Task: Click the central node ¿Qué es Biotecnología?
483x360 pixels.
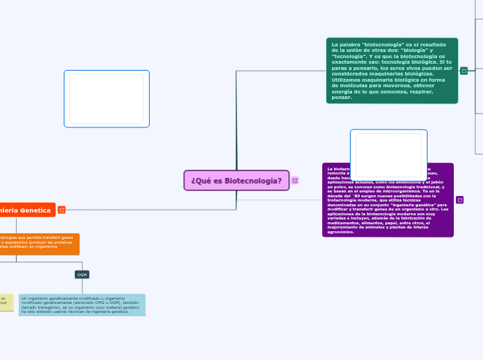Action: click(236, 180)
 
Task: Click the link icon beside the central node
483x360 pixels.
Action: click(295, 181)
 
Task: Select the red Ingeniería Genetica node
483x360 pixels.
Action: click(26, 210)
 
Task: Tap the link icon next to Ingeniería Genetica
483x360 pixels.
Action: click(62, 210)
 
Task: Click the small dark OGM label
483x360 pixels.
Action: click(82, 275)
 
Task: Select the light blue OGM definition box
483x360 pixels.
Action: click(82, 305)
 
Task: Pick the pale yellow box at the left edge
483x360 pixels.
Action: click(6, 302)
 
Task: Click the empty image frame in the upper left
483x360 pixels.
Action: click(106, 98)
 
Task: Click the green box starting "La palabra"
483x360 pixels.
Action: click(392, 71)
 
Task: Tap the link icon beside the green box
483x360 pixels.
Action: click(464, 71)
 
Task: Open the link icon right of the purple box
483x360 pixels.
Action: click(459, 200)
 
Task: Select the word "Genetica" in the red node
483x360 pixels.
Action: click(35, 210)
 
